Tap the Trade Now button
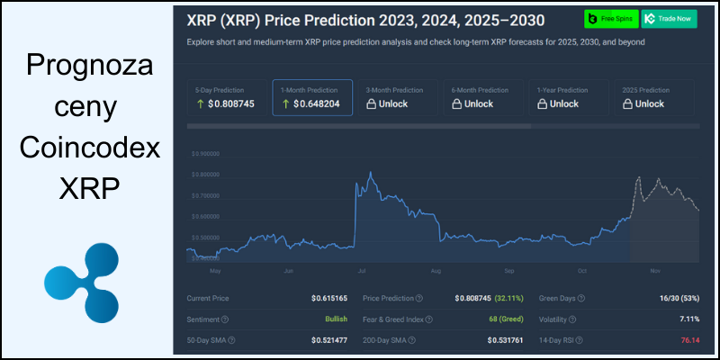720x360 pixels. (x=670, y=19)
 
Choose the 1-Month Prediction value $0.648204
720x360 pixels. (x=310, y=103)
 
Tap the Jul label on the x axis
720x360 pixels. (x=361, y=270)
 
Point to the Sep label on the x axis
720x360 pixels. (x=508, y=270)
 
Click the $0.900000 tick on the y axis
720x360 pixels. (x=205, y=153)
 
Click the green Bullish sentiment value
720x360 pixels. (x=336, y=319)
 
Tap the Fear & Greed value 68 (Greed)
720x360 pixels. (x=507, y=319)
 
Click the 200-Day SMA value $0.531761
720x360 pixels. (x=506, y=340)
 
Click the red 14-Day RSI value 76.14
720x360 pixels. (x=688, y=340)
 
